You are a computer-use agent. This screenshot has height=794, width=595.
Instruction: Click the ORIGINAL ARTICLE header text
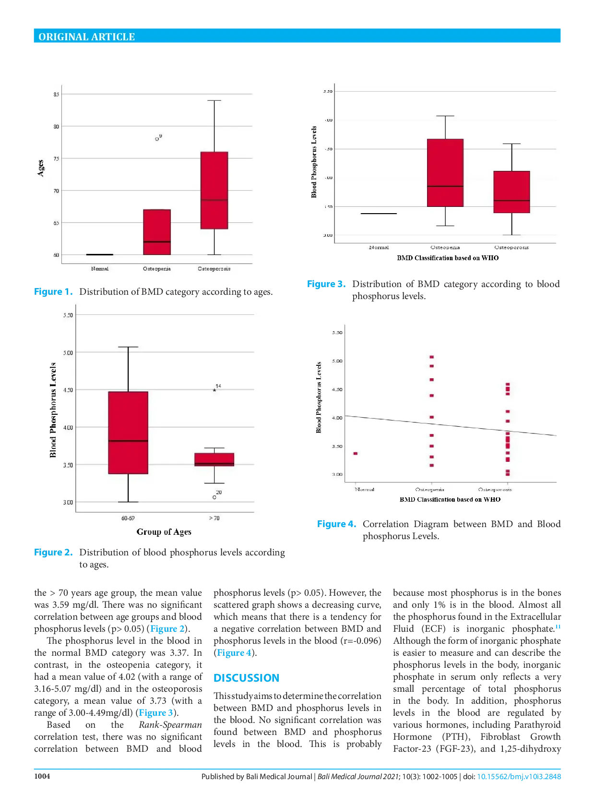(x=86, y=37)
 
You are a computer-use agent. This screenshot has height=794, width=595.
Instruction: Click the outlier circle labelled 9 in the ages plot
(x=157, y=139)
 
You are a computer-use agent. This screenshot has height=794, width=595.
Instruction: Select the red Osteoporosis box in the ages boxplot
(x=214, y=190)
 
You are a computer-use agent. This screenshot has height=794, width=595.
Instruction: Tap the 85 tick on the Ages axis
(x=56, y=95)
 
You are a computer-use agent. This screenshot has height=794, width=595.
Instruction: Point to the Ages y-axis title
(x=41, y=168)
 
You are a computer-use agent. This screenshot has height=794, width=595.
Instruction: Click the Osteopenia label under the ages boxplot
(x=156, y=269)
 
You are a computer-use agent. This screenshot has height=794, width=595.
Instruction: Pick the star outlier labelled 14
(x=214, y=390)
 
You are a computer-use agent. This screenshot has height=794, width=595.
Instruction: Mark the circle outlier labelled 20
(x=214, y=497)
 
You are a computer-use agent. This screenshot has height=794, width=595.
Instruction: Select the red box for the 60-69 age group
(x=128, y=433)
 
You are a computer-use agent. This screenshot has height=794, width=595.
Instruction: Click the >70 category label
(x=214, y=518)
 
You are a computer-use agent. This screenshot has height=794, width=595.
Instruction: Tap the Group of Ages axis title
(x=164, y=532)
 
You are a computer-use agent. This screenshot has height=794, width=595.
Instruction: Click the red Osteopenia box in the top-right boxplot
(x=445, y=173)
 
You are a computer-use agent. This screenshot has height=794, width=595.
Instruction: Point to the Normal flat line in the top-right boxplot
(x=379, y=214)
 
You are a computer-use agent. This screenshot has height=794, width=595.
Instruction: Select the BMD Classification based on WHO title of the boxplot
(x=447, y=258)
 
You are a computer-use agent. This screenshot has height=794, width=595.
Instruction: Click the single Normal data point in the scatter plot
(x=356, y=454)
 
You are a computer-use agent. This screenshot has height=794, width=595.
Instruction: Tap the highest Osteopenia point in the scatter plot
(x=432, y=357)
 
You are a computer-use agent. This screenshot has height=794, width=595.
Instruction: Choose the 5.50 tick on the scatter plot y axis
(x=337, y=333)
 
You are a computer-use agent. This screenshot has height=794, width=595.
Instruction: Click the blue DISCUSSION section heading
(x=246, y=678)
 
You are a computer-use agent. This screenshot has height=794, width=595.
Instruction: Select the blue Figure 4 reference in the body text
(x=234, y=653)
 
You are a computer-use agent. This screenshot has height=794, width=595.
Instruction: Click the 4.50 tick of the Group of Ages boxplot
(x=68, y=390)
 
